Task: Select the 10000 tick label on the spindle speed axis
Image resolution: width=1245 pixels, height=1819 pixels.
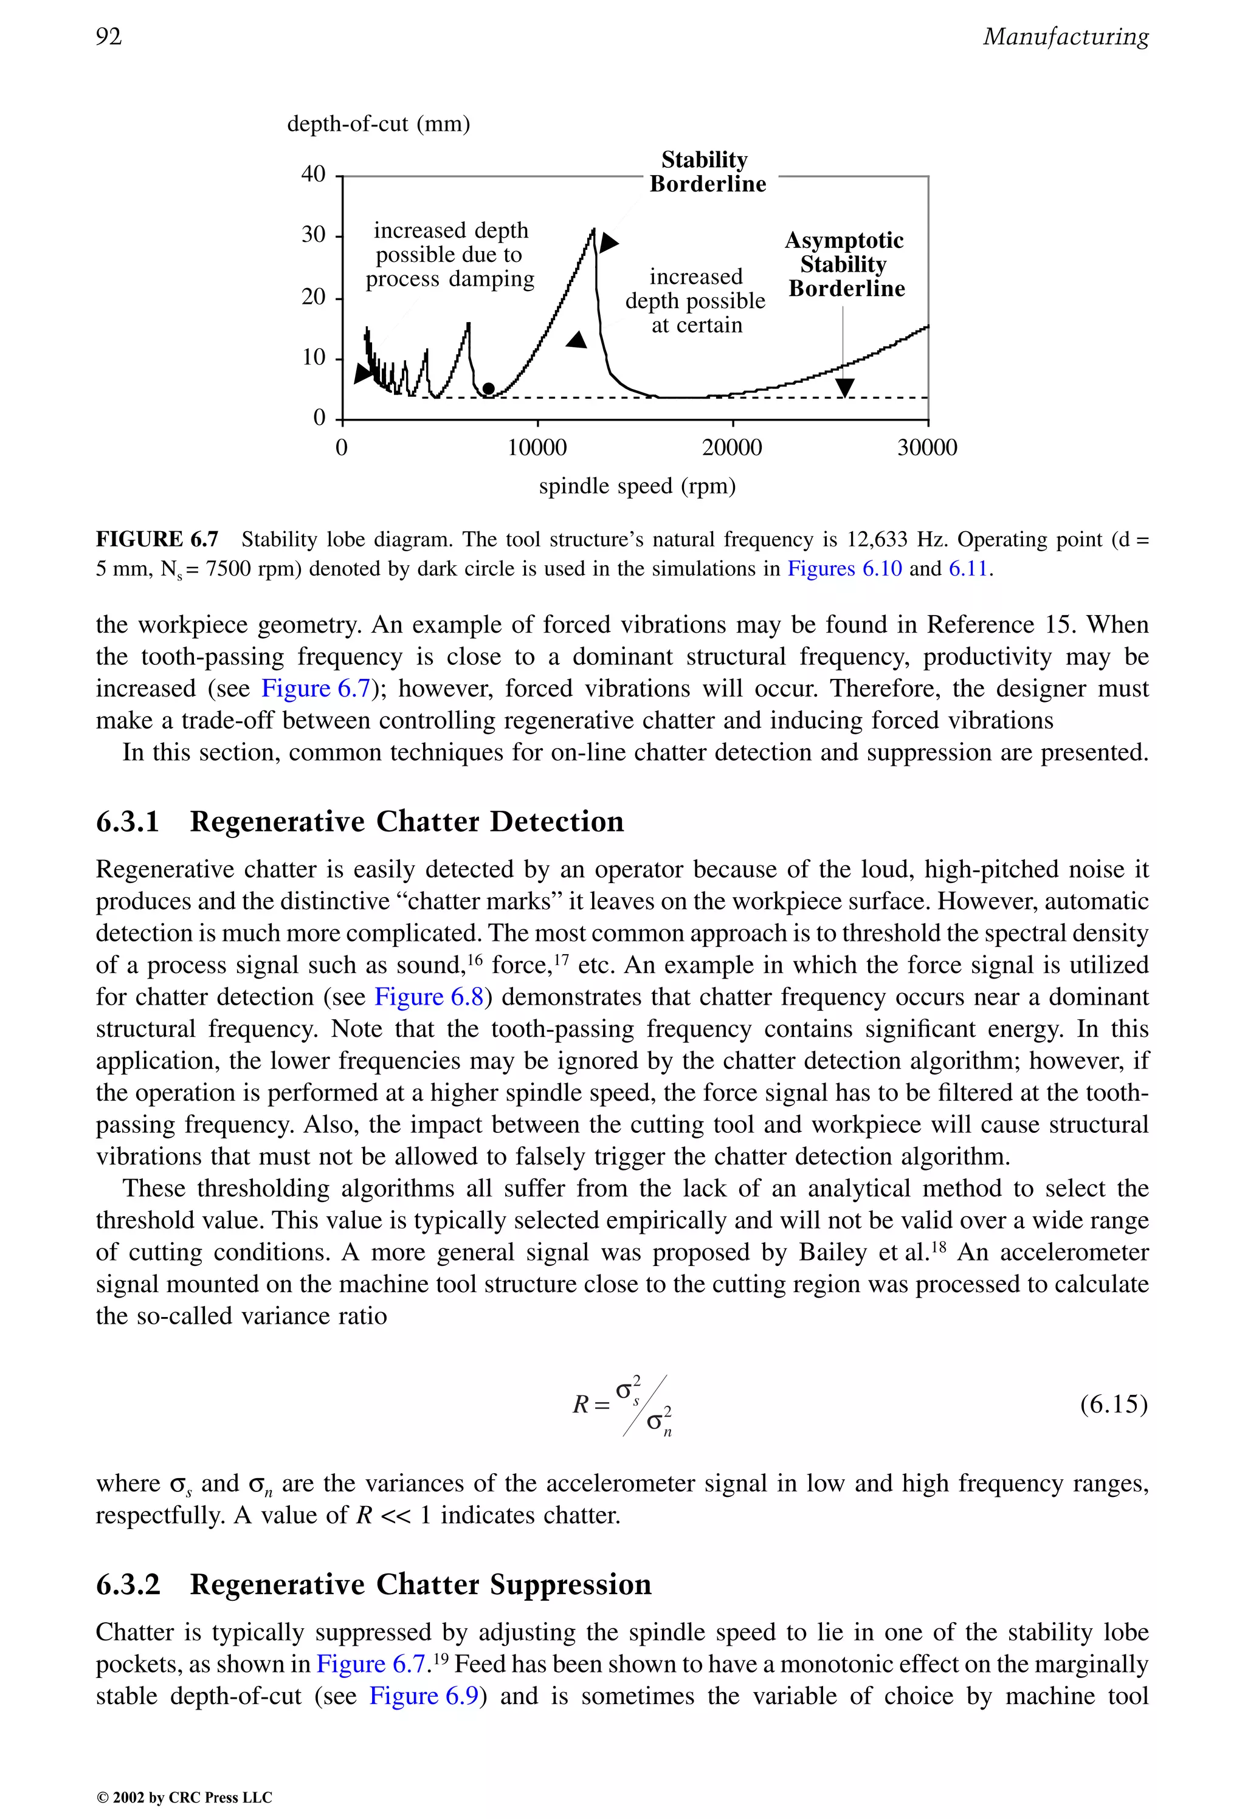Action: pyautogui.click(x=537, y=448)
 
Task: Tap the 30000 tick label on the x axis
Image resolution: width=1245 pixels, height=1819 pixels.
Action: pyautogui.click(x=927, y=448)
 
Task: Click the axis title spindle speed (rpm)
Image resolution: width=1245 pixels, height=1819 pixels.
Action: pyautogui.click(x=636, y=486)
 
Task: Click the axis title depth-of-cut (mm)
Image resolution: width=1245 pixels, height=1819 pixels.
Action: pyautogui.click(x=378, y=123)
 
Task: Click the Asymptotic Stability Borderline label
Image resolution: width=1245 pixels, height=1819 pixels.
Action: pyautogui.click(x=845, y=264)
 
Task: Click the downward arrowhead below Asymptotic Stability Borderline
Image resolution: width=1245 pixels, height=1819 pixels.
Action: pyautogui.click(x=844, y=387)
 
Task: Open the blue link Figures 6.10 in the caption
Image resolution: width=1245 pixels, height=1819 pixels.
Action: pyautogui.click(x=844, y=568)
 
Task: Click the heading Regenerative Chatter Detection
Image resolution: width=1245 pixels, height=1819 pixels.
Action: pyautogui.click(x=406, y=822)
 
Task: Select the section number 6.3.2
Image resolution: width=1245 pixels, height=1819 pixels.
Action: pyautogui.click(x=128, y=1584)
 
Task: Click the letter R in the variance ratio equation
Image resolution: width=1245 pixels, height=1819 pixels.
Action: pyautogui.click(x=580, y=1405)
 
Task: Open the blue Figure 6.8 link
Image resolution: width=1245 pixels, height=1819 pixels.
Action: pyautogui.click(x=429, y=997)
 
